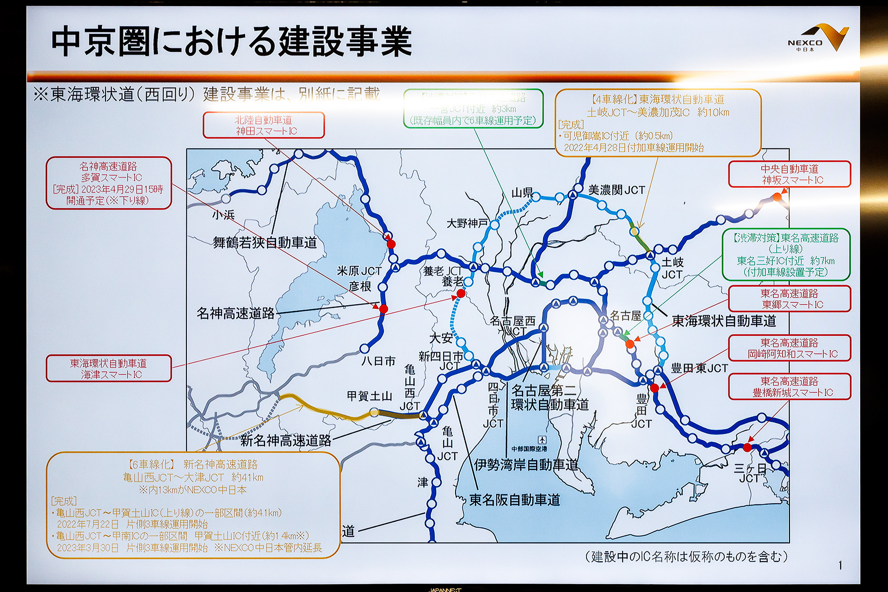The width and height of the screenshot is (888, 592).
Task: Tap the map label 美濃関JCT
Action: (616, 190)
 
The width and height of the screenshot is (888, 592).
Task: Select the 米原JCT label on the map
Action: (359, 271)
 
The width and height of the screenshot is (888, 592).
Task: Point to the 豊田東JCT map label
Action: (699, 369)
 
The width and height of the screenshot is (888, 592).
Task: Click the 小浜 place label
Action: (223, 215)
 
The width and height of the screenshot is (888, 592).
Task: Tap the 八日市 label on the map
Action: (378, 361)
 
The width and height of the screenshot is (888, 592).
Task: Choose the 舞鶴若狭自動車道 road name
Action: (265, 242)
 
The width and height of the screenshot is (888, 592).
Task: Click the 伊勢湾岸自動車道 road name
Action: (526, 465)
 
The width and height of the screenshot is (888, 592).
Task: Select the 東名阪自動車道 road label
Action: (514, 500)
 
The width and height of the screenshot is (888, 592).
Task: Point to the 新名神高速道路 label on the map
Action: (285, 440)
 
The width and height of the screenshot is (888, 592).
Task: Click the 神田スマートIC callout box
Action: (264, 125)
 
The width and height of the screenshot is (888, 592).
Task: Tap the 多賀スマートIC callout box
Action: (109, 183)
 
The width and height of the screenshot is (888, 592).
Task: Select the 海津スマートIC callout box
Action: (109, 369)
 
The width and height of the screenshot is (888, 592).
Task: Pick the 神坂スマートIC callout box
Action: (789, 174)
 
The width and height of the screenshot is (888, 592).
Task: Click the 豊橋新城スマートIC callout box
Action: (789, 387)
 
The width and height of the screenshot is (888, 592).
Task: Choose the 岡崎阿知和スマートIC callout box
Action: (789, 348)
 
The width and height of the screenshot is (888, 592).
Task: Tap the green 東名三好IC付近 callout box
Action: (786, 255)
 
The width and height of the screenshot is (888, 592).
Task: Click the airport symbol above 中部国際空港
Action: (542, 440)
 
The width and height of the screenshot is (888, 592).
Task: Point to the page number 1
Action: (840, 565)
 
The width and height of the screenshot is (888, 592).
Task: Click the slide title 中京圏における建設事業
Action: (231, 42)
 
